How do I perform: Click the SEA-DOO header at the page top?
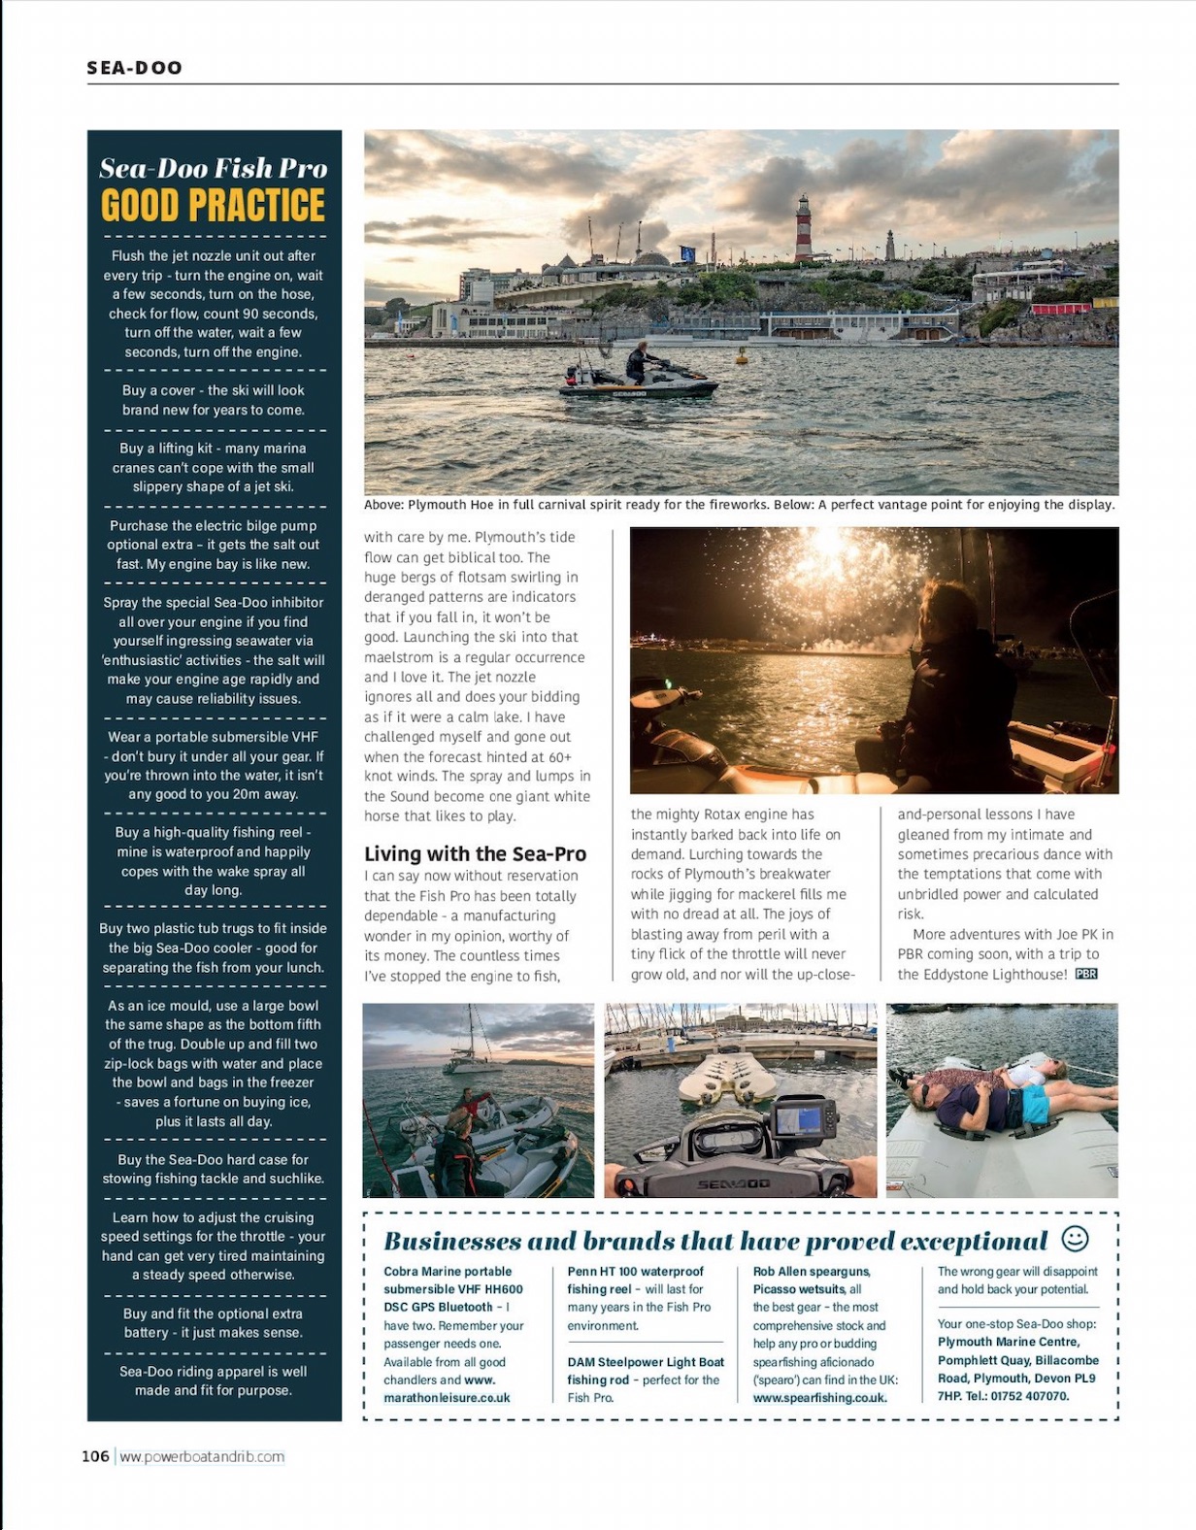(x=134, y=68)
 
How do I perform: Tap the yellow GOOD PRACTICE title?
(x=214, y=206)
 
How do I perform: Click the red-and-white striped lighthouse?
(x=804, y=229)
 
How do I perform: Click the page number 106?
(x=95, y=1456)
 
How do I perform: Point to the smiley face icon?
(x=1075, y=1239)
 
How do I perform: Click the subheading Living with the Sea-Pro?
(x=475, y=854)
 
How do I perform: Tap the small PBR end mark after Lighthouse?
(x=1086, y=974)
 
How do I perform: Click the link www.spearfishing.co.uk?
(x=819, y=1398)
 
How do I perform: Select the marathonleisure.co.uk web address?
(x=447, y=1398)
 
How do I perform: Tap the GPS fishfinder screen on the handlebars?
(x=805, y=1116)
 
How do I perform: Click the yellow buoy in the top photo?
(x=743, y=355)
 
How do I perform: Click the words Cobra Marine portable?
(x=447, y=1272)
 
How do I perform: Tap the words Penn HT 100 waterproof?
(x=635, y=1272)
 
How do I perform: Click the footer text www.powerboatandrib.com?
(x=202, y=1456)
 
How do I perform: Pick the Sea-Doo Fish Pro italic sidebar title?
(x=214, y=169)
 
